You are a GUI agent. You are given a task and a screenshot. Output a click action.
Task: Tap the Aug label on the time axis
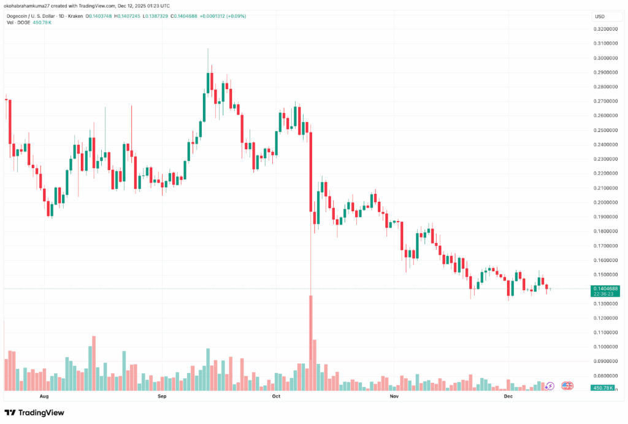44,397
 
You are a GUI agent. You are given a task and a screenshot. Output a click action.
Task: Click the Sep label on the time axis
162,397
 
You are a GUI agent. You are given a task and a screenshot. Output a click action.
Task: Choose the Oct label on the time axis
276,397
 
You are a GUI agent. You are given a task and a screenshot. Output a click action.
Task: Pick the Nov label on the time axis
394,397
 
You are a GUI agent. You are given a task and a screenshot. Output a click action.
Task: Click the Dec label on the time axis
508,397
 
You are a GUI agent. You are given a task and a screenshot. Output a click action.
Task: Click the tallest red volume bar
311,343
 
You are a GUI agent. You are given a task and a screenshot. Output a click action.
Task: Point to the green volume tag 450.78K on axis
604,388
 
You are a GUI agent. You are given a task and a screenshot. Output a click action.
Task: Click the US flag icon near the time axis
567,386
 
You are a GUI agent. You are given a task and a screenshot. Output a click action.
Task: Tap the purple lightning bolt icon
550,386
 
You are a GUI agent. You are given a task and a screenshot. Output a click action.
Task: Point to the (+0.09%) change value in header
234,16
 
